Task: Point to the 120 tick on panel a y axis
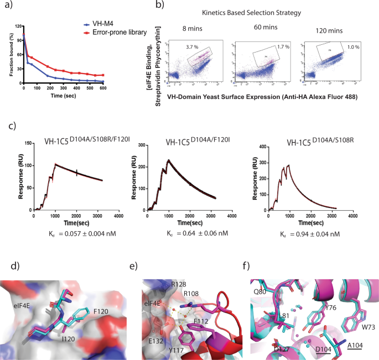point(17,27)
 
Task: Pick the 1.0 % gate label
point(352,48)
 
